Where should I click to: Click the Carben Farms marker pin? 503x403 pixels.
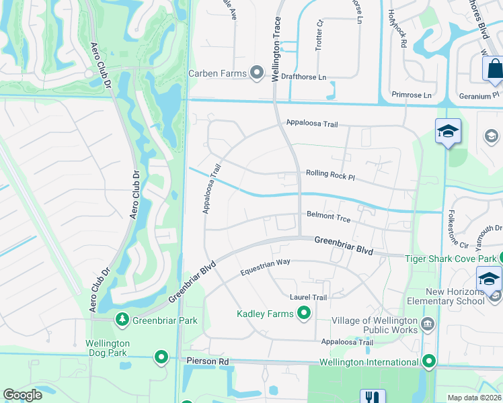(x=256, y=73)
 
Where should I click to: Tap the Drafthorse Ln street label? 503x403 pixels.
(x=303, y=77)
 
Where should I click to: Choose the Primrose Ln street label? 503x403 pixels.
(x=412, y=95)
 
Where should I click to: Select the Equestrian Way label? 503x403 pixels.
(x=265, y=267)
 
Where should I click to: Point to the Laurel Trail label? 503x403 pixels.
(x=308, y=297)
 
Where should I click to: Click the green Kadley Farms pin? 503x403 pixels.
(x=304, y=312)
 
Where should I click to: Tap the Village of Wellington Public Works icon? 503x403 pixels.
(x=427, y=326)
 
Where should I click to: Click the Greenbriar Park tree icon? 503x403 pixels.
(x=122, y=320)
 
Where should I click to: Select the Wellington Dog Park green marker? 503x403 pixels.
(x=161, y=357)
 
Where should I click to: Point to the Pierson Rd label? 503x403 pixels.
(x=207, y=361)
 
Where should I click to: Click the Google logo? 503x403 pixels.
(x=22, y=395)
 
